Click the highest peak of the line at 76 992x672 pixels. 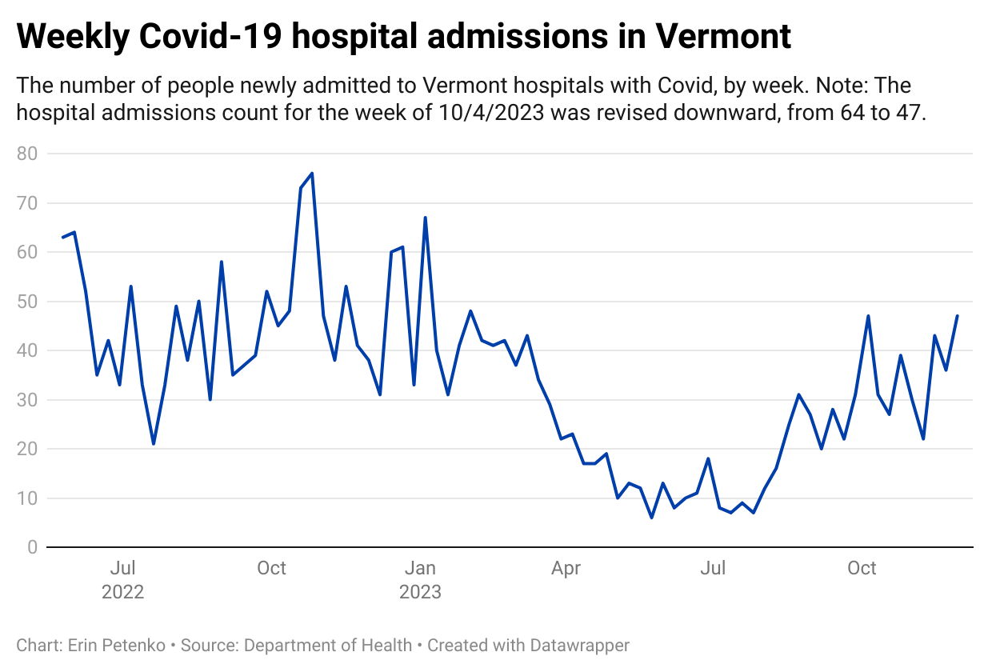311,173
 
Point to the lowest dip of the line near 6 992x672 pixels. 652,518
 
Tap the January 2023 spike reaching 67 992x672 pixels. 425,218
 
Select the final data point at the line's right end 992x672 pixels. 958,316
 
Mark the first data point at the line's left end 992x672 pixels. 63,237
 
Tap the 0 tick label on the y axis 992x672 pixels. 33,548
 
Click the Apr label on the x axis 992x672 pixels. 566,569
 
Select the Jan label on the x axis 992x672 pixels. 420,569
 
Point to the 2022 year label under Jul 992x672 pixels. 122,593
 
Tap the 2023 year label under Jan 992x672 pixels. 420,593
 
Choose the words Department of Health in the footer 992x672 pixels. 328,645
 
